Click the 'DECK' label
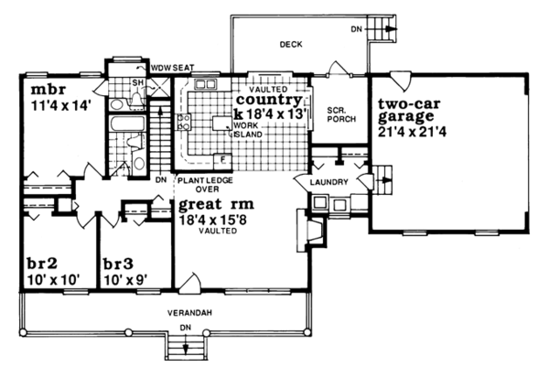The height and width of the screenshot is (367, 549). (x=291, y=44)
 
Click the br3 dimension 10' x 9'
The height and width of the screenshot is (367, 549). (x=124, y=275)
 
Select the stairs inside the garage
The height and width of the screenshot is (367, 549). (x=382, y=178)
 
